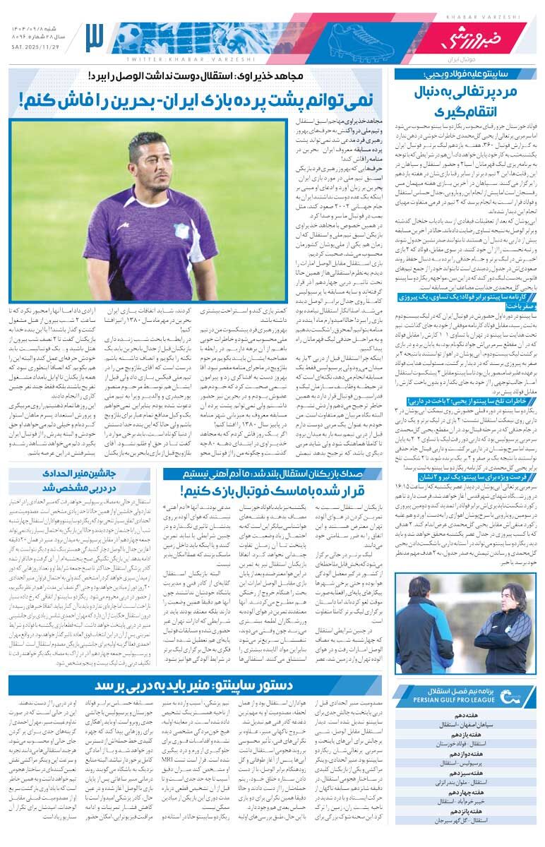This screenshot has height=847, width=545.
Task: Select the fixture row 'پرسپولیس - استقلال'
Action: pos(465,763)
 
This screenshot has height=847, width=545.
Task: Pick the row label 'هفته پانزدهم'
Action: pos(465,812)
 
